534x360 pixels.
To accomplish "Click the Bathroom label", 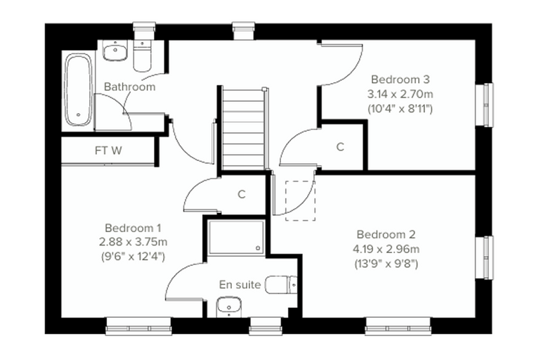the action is pos(129,86).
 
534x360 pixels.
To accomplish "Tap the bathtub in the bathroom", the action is pos(79,90).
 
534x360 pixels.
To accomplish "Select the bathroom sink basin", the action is pos(115,50).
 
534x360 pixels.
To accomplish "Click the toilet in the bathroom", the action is pos(142,56).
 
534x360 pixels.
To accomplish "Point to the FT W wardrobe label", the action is pos(108,150).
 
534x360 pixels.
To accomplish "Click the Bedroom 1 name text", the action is pos(133,228).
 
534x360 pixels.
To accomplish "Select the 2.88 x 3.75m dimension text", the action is pos(133,242).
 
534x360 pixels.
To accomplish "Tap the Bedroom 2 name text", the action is pos(386,235).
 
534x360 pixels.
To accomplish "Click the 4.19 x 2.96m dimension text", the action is pos(386,249).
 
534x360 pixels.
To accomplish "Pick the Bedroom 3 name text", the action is pos(400,79).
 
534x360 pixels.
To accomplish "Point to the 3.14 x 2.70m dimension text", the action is pos(400,94).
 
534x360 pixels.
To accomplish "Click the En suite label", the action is pos(240,284).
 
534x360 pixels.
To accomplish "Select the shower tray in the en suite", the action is pos(237,237).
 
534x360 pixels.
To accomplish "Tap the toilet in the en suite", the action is pos(281,285).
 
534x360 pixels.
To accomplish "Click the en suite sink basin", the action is pos(229,307).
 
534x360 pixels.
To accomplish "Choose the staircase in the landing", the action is pos(243,129).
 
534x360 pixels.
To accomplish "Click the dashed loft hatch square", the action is pos(301,201).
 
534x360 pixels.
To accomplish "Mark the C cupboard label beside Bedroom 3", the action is pos(340,147).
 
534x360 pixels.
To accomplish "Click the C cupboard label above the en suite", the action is pos(242,194).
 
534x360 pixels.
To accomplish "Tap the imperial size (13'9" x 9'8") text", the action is pos(386,264).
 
